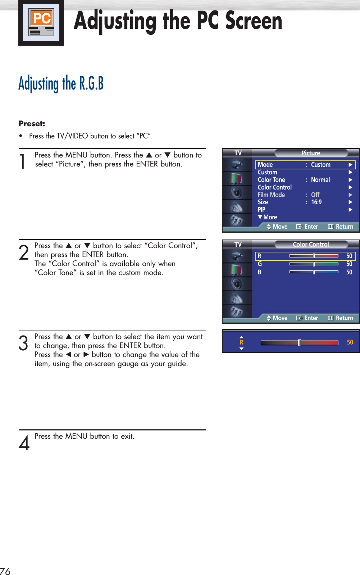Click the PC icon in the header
pyautogui.click(x=41, y=22)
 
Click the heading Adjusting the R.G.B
pyautogui.click(x=61, y=83)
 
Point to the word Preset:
pyautogui.click(x=32, y=124)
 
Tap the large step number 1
pyautogui.click(x=23, y=161)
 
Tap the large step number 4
pyautogui.click(x=24, y=443)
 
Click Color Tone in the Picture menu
pyautogui.click(x=271, y=180)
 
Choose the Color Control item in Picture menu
pyautogui.click(x=275, y=187)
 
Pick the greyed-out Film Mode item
pyautogui.click(x=271, y=195)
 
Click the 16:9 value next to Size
pyautogui.click(x=316, y=202)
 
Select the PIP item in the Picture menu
pyautogui.click(x=261, y=210)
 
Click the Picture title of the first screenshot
pyautogui.click(x=311, y=153)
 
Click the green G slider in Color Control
pyautogui.click(x=314, y=264)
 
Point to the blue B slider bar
pyautogui.click(x=314, y=272)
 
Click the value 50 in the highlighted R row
pyautogui.click(x=349, y=256)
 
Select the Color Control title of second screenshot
pyautogui.click(x=311, y=245)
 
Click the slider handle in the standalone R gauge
pyautogui.click(x=299, y=343)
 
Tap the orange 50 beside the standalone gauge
pyautogui.click(x=350, y=342)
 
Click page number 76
pyautogui.click(x=5, y=571)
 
